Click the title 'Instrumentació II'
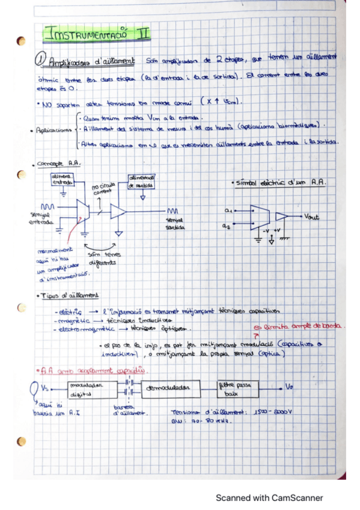click(x=98, y=34)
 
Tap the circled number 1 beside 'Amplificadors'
click(x=40, y=60)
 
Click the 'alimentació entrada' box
click(x=62, y=179)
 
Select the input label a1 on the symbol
click(x=228, y=210)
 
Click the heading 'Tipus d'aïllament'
click(x=70, y=295)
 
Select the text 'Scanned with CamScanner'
click(x=269, y=498)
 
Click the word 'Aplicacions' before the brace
click(x=53, y=130)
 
